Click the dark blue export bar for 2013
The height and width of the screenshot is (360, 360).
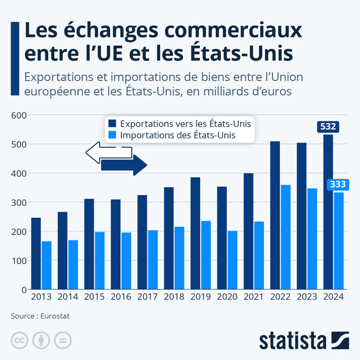click(36, 254)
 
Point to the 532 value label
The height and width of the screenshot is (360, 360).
click(328, 127)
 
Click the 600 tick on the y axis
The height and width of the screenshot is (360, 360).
click(18, 115)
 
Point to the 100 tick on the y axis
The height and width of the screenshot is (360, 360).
click(18, 261)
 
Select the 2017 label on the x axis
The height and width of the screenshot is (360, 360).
click(147, 297)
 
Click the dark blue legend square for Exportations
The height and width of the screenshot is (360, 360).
click(112, 124)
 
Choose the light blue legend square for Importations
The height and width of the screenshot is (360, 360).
click(112, 135)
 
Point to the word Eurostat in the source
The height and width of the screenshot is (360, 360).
click(55, 316)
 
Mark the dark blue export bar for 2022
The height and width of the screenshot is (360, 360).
click(275, 215)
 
